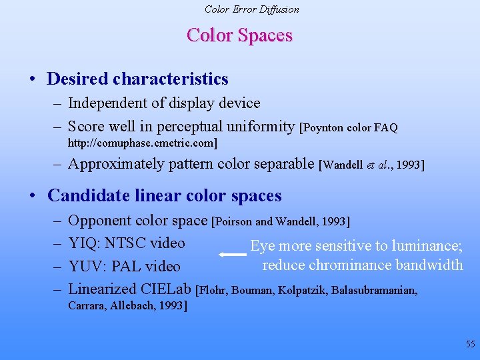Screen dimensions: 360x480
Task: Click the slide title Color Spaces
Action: [239, 35]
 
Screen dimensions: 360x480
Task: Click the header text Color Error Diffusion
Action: [251, 9]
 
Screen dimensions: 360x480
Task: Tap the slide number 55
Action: [471, 345]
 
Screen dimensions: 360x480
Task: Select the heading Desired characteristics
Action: [137, 79]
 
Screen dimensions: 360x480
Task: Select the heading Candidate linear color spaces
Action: [165, 195]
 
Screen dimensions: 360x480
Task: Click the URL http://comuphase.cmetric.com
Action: [142, 143]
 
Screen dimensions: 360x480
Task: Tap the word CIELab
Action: [166, 289]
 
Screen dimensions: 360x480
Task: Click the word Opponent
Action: [100, 220]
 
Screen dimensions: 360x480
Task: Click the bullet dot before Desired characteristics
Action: [32, 79]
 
